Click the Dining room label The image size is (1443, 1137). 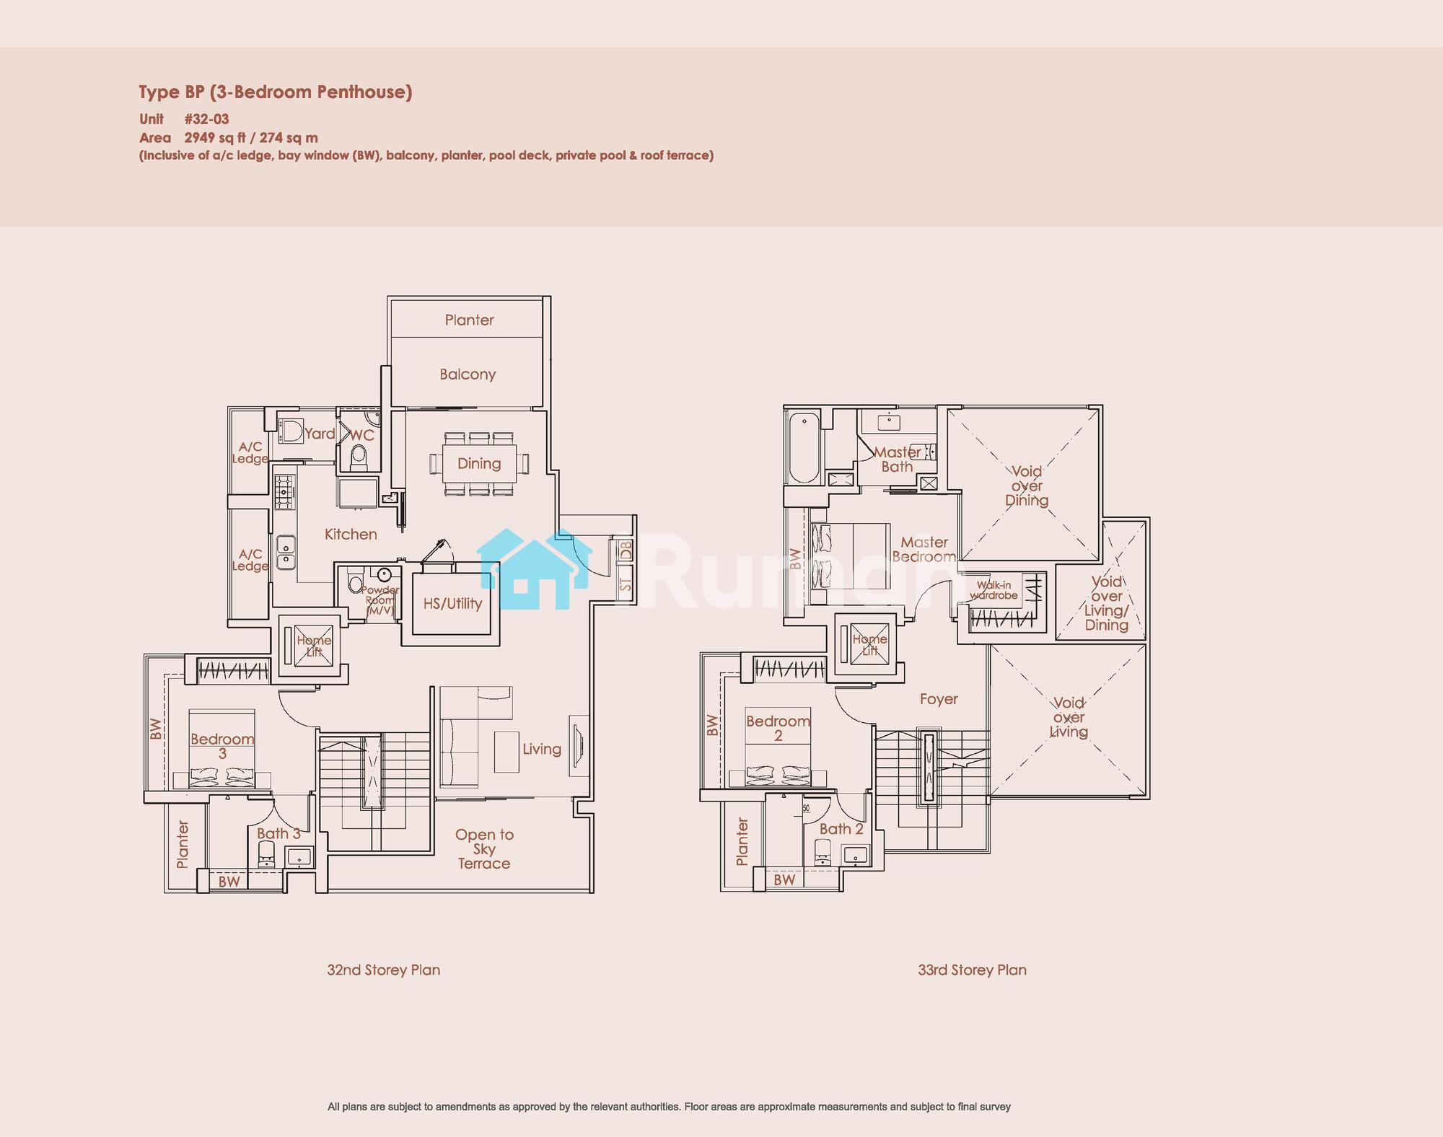coord(479,464)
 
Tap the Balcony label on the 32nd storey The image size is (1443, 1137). coord(468,374)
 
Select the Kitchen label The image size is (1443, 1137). coord(351,535)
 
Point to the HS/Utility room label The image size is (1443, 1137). coord(452,604)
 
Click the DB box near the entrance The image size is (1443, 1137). coord(626,550)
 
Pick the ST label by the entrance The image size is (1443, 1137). coord(626,584)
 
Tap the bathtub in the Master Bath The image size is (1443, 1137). coord(804,448)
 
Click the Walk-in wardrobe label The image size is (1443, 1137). coord(994,590)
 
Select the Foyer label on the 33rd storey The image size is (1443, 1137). coord(939,699)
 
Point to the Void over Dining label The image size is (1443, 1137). coord(1027,486)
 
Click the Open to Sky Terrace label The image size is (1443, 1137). coord(484,849)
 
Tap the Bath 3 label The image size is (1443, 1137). coord(278,833)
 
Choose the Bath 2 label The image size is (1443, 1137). coord(841,829)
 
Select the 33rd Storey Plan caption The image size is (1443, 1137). coord(972,970)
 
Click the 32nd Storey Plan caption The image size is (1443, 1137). coord(384,970)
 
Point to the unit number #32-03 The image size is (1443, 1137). coord(206,119)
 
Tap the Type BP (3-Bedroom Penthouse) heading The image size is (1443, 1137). coord(276,92)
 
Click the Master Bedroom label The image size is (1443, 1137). coord(924,550)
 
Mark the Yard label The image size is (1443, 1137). coord(320,434)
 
